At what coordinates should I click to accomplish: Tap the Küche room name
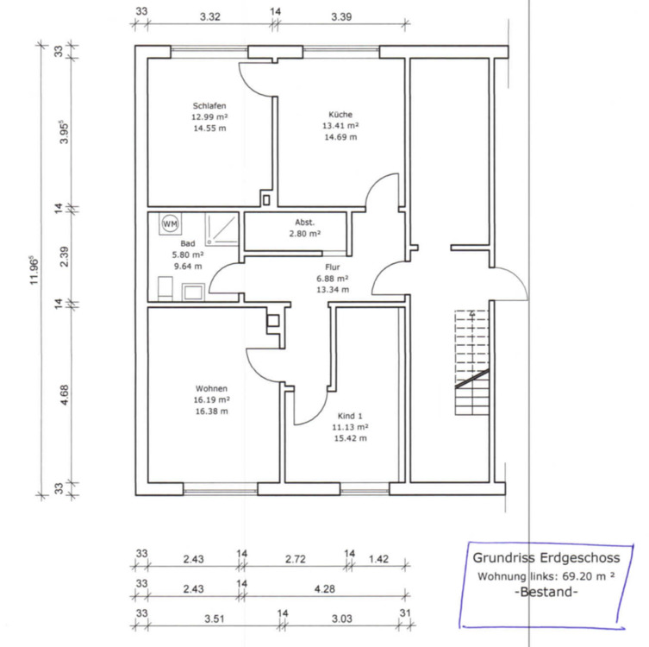[340, 114]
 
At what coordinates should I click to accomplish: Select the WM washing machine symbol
[170, 223]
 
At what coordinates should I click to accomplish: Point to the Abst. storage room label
[304, 222]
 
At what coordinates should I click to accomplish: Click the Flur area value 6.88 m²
[332, 279]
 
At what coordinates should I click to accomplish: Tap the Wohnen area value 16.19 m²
[211, 400]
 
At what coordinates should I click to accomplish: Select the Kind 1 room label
[350, 416]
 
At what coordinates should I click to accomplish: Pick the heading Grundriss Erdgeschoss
[546, 558]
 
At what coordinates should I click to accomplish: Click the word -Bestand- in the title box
[546, 594]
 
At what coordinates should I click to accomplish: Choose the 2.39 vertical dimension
[64, 254]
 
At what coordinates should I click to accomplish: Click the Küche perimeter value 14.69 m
[340, 136]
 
